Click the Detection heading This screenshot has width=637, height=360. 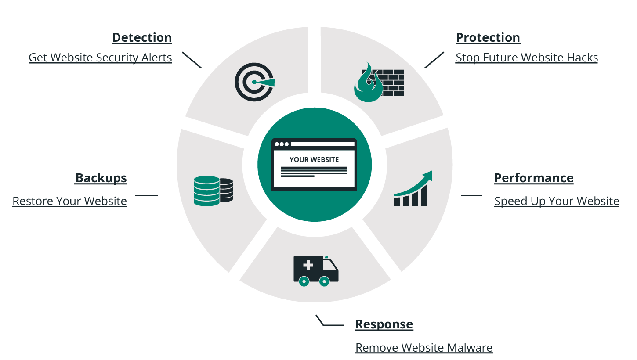pos(142,37)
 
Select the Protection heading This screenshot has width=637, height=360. pos(488,37)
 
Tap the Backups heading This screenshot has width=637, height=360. pos(101,178)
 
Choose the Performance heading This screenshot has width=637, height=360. pos(534,178)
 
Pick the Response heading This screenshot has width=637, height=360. pos(384,324)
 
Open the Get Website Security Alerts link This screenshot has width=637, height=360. pos(101,58)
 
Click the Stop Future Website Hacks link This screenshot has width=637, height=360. pos(527,58)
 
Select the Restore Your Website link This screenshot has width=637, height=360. pos(70,201)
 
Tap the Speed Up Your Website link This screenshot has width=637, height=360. pos(557,201)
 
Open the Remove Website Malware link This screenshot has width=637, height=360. pos(424,348)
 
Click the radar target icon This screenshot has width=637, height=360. pos(254,82)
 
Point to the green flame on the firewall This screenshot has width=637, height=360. pos(368,83)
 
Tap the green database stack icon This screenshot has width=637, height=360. pos(207,191)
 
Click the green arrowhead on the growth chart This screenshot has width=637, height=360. pos(428,176)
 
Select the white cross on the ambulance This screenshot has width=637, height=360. pos(308,265)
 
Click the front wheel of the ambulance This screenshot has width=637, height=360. pos(324,281)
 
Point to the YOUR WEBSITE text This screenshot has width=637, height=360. pos(314,160)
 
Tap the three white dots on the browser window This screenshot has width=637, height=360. pos(282,144)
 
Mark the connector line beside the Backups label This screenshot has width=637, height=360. pos(146,195)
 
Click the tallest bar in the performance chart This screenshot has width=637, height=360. pos(424,195)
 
